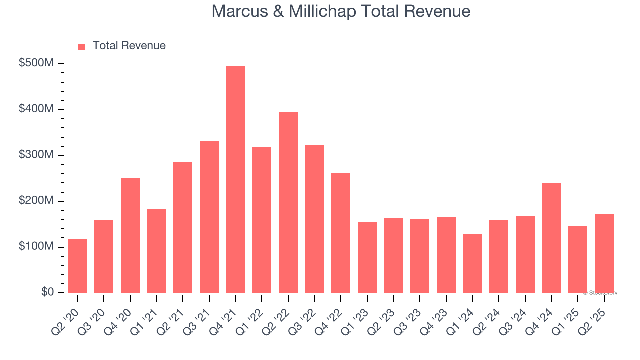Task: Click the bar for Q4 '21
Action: pyautogui.click(x=236, y=180)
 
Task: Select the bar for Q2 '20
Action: pyautogui.click(x=78, y=266)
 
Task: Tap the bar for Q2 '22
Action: pyautogui.click(x=288, y=202)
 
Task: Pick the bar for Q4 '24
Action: pyautogui.click(x=551, y=238)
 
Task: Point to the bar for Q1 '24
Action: pyautogui.click(x=473, y=263)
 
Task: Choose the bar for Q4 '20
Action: pyautogui.click(x=130, y=235)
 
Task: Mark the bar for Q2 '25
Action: pyautogui.click(x=604, y=253)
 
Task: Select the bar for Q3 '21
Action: pyautogui.click(x=209, y=217)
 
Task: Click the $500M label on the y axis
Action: pyautogui.click(x=37, y=64)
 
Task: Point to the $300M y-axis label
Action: pyautogui.click(x=37, y=155)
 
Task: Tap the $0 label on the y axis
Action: pyautogui.click(x=47, y=292)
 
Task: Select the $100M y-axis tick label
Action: pyautogui.click(x=37, y=247)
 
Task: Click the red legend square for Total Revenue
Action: pyautogui.click(x=82, y=46)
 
